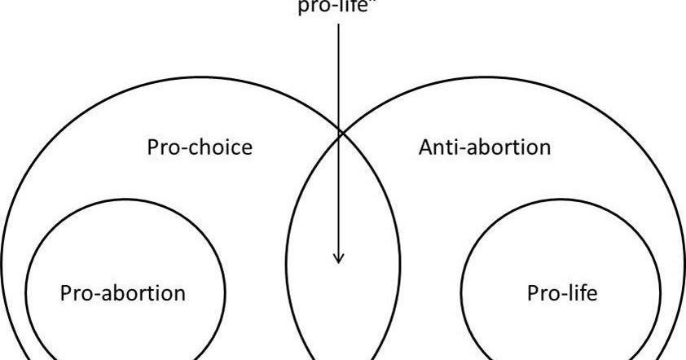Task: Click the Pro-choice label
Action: (200, 147)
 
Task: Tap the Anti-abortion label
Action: (485, 147)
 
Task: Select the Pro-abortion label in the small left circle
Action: (123, 292)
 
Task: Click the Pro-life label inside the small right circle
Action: (562, 292)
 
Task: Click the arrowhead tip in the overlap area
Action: (339, 262)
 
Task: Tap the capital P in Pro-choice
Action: (152, 147)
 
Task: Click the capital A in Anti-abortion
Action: (425, 147)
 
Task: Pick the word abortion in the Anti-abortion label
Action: (510, 147)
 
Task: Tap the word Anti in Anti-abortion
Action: (438, 147)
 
